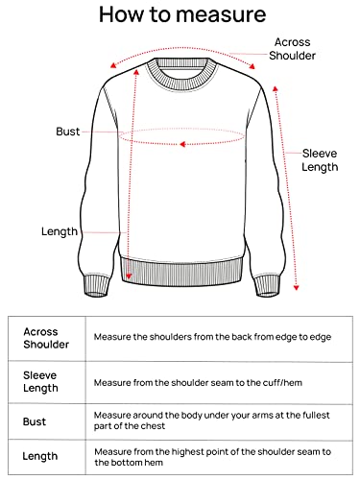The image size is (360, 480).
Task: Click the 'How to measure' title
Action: [182, 14]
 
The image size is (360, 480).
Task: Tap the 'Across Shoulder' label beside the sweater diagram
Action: [292, 49]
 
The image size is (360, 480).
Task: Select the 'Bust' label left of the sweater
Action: [68, 132]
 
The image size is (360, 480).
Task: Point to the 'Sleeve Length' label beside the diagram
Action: [320, 160]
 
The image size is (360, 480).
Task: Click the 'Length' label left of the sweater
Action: [60, 231]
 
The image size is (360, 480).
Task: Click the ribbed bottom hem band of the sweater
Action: [181, 272]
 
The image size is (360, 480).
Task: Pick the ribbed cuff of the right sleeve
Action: [268, 285]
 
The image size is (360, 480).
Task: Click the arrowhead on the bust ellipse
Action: [182, 144]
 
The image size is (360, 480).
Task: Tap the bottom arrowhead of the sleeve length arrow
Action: [296, 288]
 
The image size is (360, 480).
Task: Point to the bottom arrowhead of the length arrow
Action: [129, 276]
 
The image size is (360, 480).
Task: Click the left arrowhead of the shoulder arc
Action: [112, 65]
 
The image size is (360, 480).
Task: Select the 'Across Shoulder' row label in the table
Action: [46, 338]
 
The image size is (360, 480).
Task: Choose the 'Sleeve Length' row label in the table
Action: [40, 381]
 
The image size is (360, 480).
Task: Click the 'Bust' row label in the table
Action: [35, 421]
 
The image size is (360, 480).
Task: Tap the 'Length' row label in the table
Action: [40, 456]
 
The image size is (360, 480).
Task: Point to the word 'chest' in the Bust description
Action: [154, 426]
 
